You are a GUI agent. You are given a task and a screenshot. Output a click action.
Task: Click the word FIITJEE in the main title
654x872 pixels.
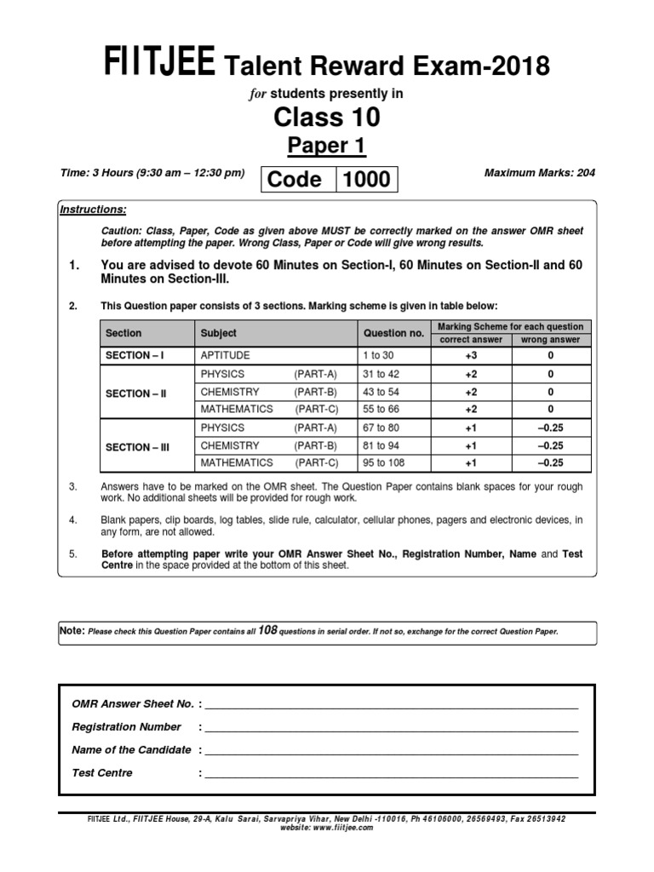(x=158, y=63)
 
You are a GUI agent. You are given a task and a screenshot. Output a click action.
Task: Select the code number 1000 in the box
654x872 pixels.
(x=367, y=179)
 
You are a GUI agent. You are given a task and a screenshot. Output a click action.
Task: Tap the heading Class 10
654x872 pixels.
(x=326, y=117)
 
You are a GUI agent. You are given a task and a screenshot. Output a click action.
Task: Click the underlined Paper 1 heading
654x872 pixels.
(x=326, y=146)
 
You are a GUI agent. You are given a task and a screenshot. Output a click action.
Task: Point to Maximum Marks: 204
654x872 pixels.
(x=539, y=173)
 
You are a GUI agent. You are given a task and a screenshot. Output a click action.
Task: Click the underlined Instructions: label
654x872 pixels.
(x=93, y=209)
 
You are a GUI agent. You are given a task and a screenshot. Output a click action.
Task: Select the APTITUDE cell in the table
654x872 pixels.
(x=225, y=355)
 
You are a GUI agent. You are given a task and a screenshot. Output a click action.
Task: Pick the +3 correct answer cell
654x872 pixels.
(x=471, y=355)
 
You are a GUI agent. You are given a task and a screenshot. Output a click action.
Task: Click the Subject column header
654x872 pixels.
(x=219, y=333)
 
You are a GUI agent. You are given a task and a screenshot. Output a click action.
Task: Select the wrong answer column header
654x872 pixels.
(x=550, y=340)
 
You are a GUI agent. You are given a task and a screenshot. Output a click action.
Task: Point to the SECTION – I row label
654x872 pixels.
(x=135, y=355)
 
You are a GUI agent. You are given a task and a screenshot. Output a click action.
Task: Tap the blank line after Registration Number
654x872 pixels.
(x=391, y=730)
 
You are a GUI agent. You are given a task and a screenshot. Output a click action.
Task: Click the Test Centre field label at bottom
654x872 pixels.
(x=102, y=773)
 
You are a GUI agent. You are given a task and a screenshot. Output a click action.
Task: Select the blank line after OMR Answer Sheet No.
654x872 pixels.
(x=391, y=707)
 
